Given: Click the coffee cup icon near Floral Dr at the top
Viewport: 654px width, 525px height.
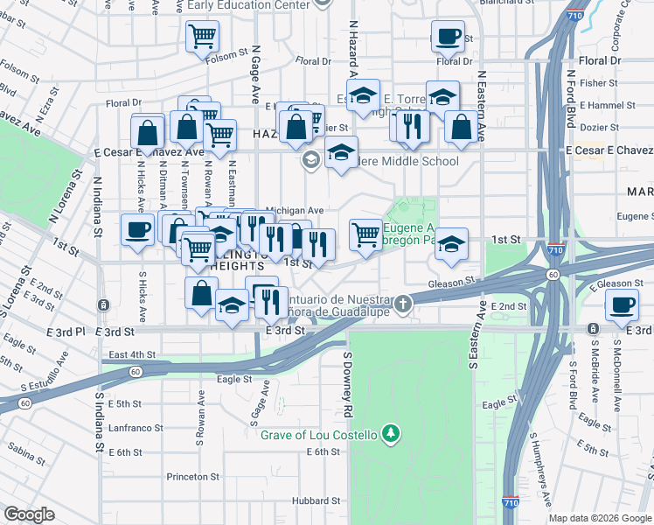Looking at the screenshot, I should [x=449, y=38].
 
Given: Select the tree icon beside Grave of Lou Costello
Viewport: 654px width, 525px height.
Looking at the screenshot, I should [x=393, y=433].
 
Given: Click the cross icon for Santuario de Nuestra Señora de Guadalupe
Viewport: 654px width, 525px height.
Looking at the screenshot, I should [x=402, y=304].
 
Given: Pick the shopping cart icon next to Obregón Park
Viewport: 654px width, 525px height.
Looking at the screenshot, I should [x=365, y=234].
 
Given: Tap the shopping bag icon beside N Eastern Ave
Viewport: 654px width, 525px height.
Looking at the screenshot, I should [x=461, y=127].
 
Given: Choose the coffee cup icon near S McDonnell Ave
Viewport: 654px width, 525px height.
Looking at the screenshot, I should [x=623, y=304].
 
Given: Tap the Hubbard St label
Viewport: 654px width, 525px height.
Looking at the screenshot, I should [x=316, y=500].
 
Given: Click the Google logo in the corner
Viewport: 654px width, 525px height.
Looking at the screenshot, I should [x=29, y=514].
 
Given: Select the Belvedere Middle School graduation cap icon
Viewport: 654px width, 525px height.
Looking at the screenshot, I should [x=341, y=152].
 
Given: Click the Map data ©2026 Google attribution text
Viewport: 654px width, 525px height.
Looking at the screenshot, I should [x=599, y=518].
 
